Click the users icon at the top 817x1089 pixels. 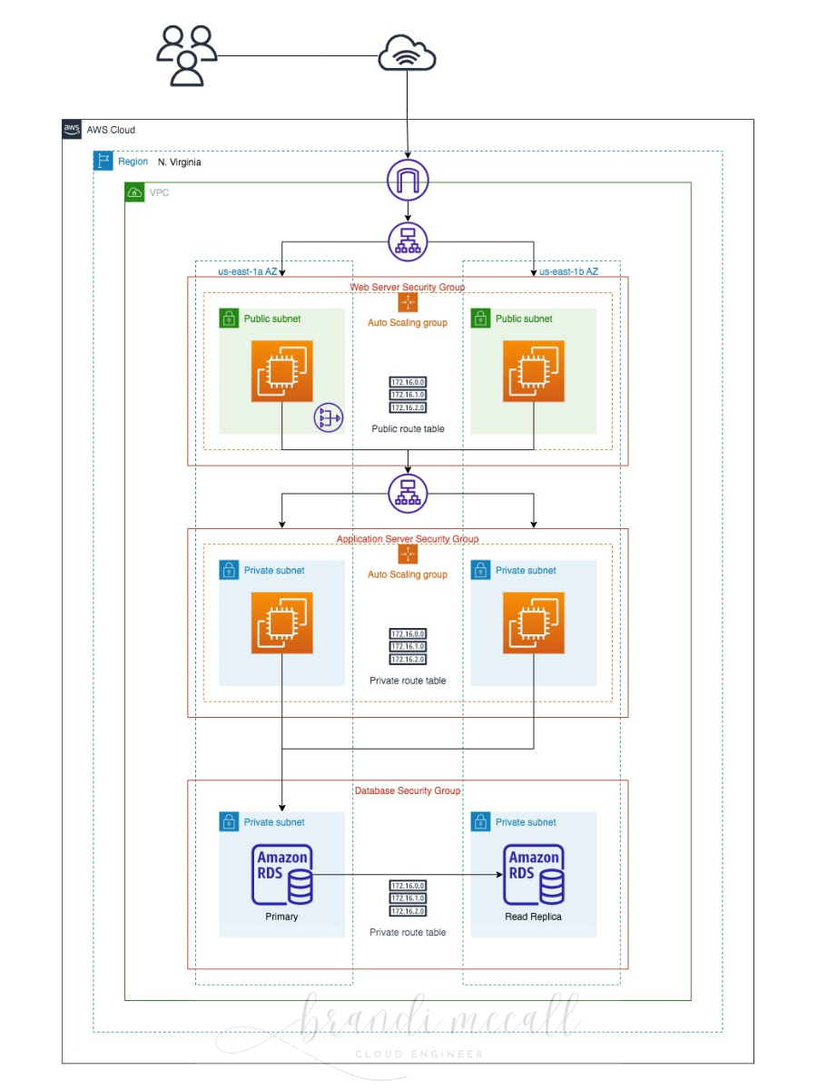[186, 56]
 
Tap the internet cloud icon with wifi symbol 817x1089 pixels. [407, 54]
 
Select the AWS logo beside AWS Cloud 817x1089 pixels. [73, 130]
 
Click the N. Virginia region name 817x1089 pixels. [179, 162]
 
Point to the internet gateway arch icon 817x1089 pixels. [407, 179]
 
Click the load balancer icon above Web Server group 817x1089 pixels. [407, 242]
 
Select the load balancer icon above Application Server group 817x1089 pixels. [407, 493]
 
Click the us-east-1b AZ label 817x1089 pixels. [568, 271]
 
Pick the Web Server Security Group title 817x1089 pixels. [407, 287]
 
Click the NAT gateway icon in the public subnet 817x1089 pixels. [328, 418]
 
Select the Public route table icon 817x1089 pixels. [408, 395]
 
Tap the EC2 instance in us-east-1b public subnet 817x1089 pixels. [534, 371]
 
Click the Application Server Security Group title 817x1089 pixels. [407, 539]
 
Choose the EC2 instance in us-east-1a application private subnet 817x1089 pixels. [282, 623]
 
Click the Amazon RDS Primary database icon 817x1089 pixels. [282, 875]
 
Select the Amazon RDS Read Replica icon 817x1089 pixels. [534, 875]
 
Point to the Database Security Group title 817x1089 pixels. [407, 790]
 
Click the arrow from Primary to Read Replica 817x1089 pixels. [408, 876]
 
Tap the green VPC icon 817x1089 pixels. [134, 192]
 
